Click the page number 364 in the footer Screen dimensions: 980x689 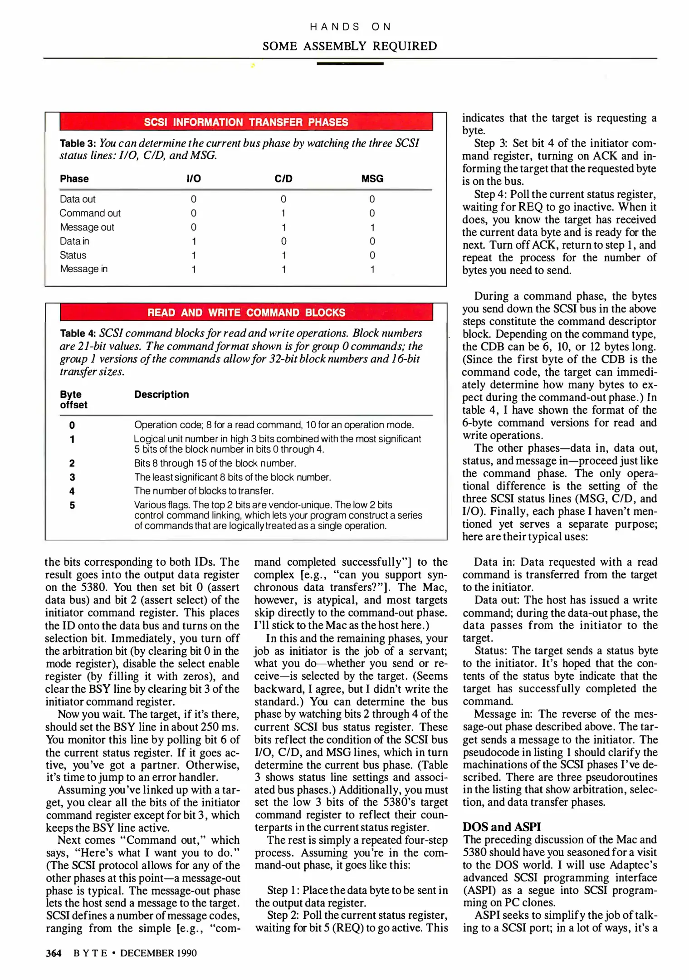pyautogui.click(x=54, y=953)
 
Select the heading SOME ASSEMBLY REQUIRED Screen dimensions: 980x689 pyautogui.click(x=350, y=46)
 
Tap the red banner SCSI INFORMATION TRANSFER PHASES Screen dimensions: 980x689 pyautogui.click(x=246, y=122)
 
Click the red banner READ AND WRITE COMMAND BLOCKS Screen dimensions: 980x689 pyautogui.click(x=246, y=313)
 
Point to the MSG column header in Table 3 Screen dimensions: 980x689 pyautogui.click(x=372, y=179)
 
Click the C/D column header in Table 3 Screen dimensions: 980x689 pyautogui.click(x=283, y=179)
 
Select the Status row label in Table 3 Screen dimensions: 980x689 pyautogui.click(x=73, y=255)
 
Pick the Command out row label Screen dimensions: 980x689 pyautogui.click(x=90, y=213)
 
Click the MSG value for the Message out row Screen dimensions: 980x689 pyautogui.click(x=372, y=227)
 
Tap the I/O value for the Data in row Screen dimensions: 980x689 pyautogui.click(x=194, y=241)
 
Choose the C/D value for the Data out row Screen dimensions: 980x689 pyautogui.click(x=283, y=199)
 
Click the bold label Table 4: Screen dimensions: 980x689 pyautogui.click(x=78, y=333)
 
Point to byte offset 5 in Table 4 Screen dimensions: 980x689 pyautogui.click(x=72, y=505)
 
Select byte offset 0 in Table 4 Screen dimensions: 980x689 pyautogui.click(x=72, y=425)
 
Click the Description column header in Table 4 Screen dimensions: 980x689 pyautogui.click(x=161, y=395)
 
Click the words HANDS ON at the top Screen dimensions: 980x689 pyautogui.click(x=350, y=27)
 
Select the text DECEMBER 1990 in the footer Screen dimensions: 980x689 pyautogui.click(x=158, y=953)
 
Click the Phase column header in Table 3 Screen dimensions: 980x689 pyautogui.click(x=74, y=179)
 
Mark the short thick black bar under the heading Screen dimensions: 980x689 pyautogui.click(x=350, y=64)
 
